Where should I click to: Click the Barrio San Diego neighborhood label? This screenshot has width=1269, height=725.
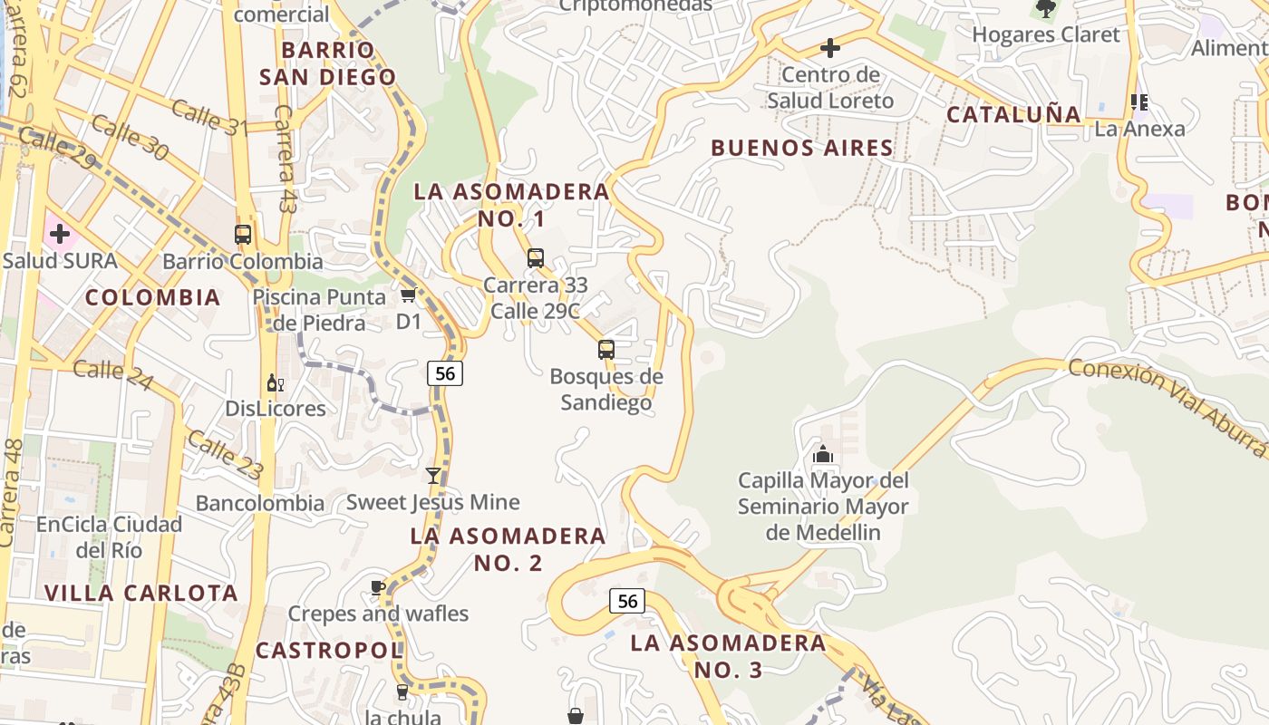click(x=328, y=63)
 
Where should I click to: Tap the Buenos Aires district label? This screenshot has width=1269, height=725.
click(x=802, y=148)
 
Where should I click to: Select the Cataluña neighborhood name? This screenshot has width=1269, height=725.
click(x=1014, y=115)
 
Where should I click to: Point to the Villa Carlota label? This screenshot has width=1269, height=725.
click(x=141, y=594)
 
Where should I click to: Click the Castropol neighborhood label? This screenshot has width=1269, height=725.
click(x=328, y=650)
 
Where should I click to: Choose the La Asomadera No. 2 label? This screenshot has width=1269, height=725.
click(x=508, y=549)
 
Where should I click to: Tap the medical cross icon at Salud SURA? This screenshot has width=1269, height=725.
click(x=60, y=235)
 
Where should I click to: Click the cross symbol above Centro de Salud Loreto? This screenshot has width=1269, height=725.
click(x=829, y=48)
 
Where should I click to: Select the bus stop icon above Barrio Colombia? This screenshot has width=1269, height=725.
click(x=243, y=235)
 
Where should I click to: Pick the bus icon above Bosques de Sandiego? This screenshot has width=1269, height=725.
click(x=606, y=350)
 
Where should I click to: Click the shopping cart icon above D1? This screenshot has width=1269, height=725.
click(x=408, y=295)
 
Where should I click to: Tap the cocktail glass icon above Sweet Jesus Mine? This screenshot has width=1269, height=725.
click(x=433, y=476)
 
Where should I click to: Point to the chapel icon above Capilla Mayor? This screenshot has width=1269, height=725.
click(x=823, y=454)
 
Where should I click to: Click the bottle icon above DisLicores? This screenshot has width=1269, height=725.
click(x=276, y=383)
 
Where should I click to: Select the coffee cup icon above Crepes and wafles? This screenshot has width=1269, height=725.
click(x=378, y=588)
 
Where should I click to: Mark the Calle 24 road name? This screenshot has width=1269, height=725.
click(x=112, y=374)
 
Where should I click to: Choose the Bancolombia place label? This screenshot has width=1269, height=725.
click(x=260, y=503)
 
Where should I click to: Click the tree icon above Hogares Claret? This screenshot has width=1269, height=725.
click(x=1045, y=9)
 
